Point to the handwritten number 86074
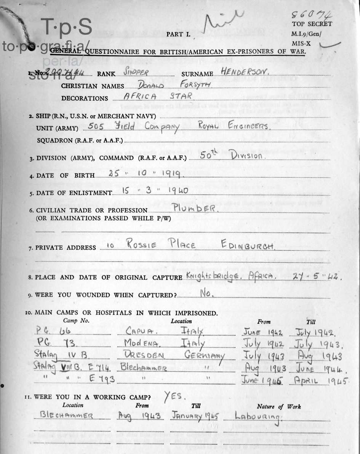point(311,14)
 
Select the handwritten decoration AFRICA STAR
point(158,96)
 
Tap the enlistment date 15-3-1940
point(155,191)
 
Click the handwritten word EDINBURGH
point(247,245)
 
